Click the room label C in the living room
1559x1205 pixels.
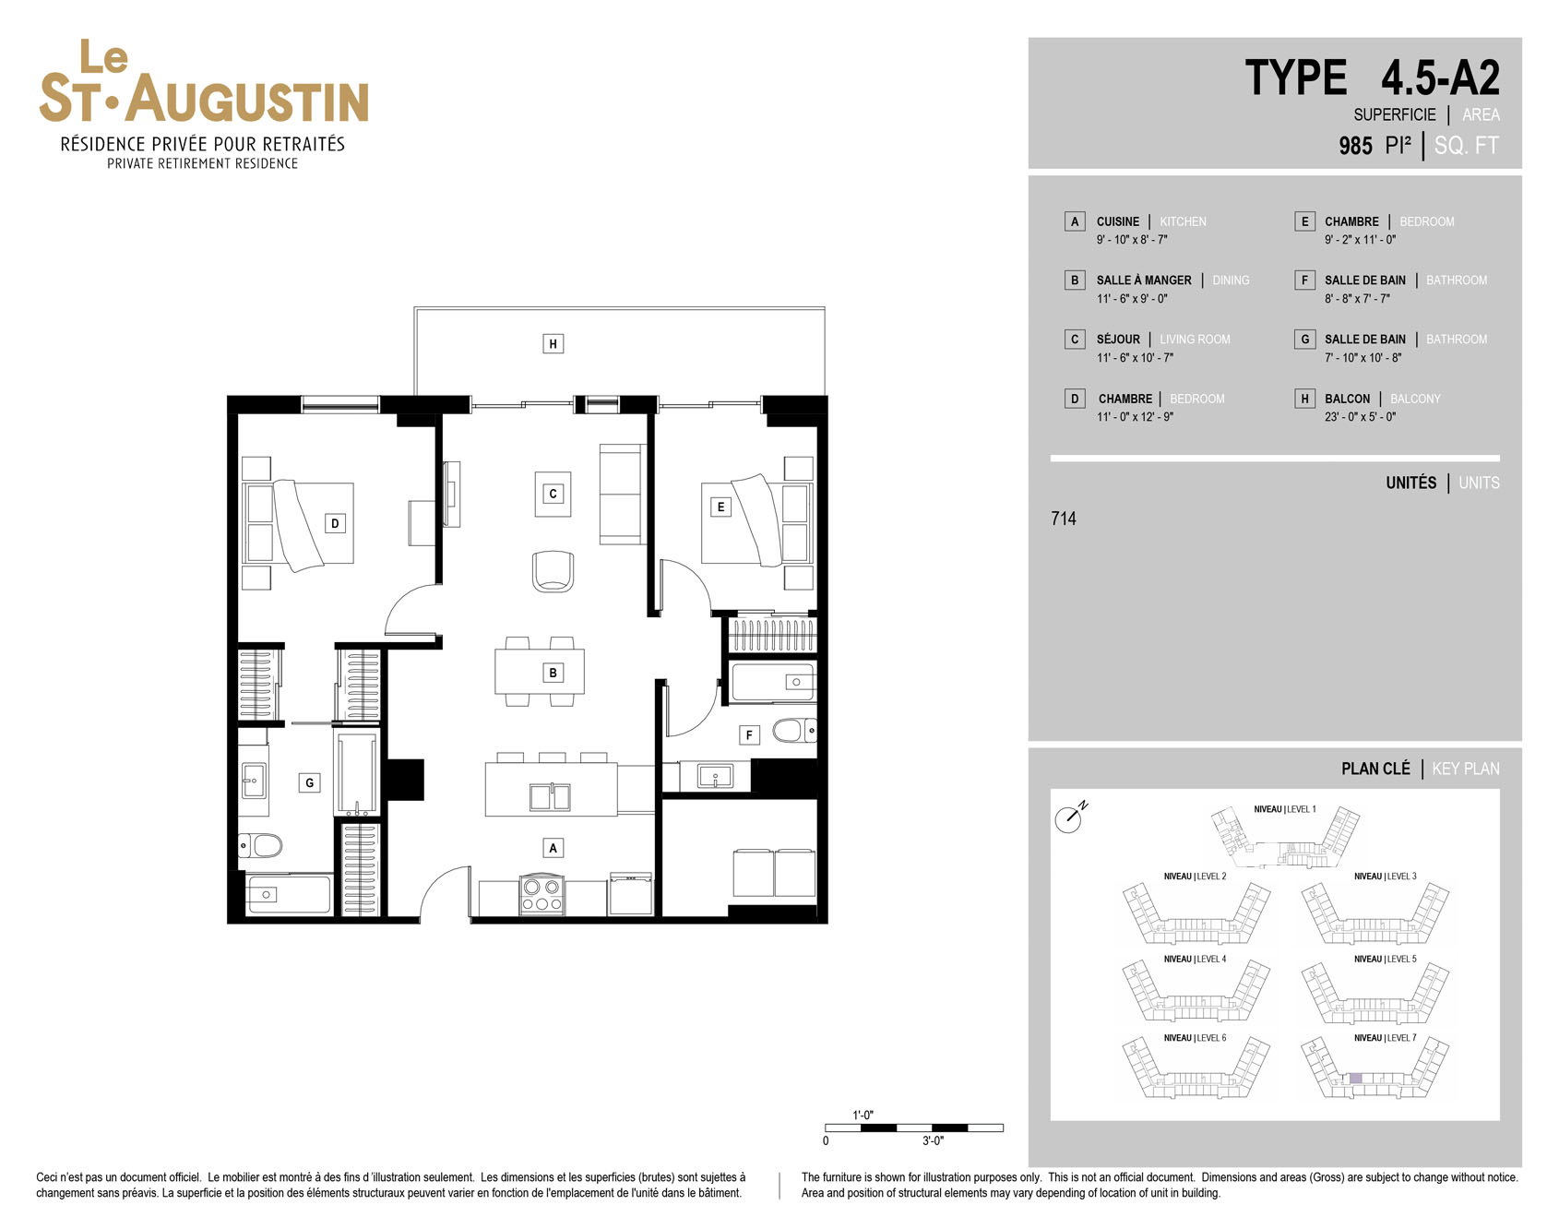(x=553, y=494)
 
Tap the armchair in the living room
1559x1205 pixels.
(x=553, y=571)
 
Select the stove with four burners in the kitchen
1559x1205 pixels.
(x=541, y=895)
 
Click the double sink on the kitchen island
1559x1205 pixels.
(x=549, y=796)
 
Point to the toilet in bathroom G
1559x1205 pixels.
(x=260, y=845)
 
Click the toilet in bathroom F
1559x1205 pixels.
(x=794, y=731)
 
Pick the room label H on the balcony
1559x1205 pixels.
(x=553, y=344)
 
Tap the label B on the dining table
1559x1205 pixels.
(x=553, y=673)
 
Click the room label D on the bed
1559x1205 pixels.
(x=335, y=523)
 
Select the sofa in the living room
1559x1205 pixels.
(x=622, y=494)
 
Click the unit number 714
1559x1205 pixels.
(x=1064, y=519)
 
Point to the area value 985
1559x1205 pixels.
(x=1355, y=146)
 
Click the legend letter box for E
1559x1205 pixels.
(x=1304, y=221)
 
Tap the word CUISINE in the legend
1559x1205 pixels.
(x=1118, y=221)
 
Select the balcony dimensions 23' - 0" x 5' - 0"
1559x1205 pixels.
(x=1360, y=417)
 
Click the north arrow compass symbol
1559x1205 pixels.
(x=1070, y=817)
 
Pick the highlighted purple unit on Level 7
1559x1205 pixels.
(x=1355, y=1078)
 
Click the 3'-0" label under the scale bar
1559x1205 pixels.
(x=933, y=1141)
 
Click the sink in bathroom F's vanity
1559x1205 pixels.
(x=715, y=776)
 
